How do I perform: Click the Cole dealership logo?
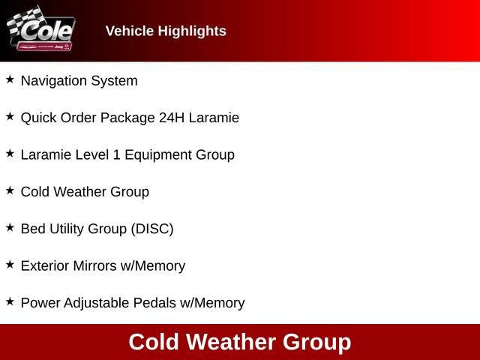40,31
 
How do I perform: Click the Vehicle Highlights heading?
166,31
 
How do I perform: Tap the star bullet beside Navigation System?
10,79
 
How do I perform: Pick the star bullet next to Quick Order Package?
10,116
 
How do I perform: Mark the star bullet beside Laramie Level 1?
10,153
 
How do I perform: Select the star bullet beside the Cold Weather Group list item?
10,190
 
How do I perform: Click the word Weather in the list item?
81,192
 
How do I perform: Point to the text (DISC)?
152,229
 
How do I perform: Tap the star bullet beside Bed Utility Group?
10,226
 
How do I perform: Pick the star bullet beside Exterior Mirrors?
10,264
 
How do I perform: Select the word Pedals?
154,303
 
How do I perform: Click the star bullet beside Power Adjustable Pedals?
10,301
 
